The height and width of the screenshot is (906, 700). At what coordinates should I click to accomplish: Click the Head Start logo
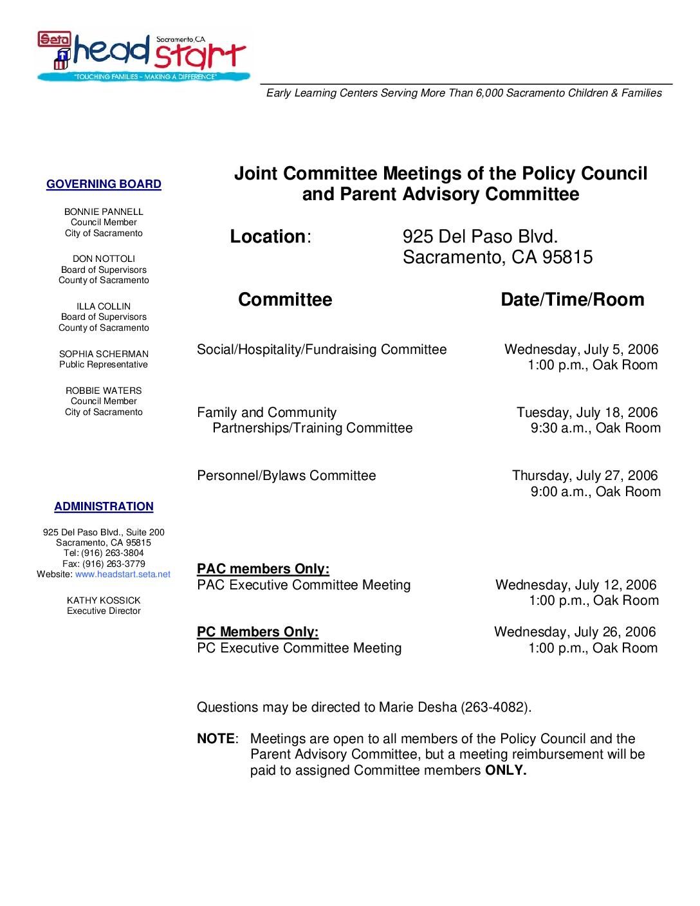(x=142, y=56)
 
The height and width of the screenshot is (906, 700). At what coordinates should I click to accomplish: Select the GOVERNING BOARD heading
(x=104, y=185)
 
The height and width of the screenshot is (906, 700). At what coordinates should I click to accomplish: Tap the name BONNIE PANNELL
(x=104, y=212)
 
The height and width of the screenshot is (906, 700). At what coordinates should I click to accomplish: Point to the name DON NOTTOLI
(x=104, y=259)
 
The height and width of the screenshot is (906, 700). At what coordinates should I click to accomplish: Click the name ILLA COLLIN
(x=104, y=306)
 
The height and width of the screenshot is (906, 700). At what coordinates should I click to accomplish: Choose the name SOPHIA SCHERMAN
(x=104, y=354)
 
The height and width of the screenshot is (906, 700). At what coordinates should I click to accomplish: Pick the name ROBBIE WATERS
(x=104, y=391)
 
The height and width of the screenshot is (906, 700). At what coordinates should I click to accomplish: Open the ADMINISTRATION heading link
(x=104, y=507)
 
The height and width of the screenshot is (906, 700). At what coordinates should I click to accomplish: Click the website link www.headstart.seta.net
(x=123, y=574)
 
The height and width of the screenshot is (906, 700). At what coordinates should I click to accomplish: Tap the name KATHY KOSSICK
(x=104, y=600)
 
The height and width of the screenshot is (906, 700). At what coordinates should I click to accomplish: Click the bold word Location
(x=267, y=237)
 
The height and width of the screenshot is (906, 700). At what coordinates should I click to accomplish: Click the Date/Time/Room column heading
(x=572, y=300)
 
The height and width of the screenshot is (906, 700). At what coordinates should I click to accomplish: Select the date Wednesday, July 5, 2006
(x=581, y=349)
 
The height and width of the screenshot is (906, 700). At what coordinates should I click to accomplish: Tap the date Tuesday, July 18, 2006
(x=587, y=412)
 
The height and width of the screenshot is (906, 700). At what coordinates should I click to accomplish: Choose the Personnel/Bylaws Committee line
(x=286, y=476)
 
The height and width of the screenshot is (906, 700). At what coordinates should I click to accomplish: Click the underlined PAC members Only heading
(x=263, y=569)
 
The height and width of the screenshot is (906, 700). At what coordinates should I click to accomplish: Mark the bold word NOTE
(x=216, y=739)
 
